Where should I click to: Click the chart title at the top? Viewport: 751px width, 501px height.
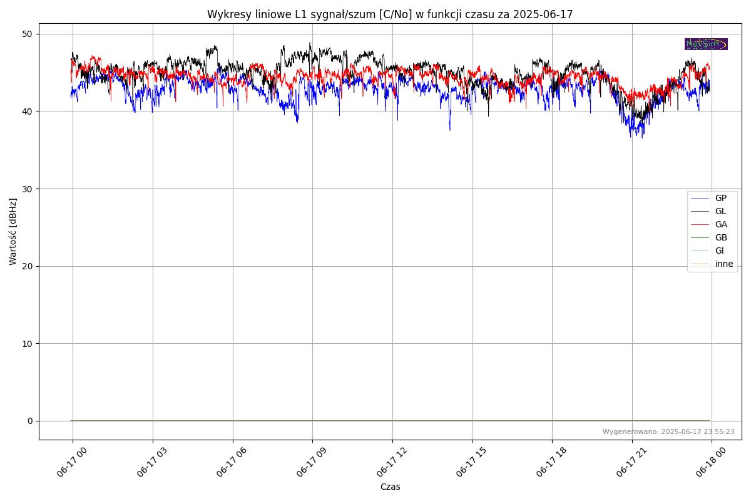click(x=390, y=14)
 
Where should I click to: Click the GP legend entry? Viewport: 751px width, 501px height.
click(x=720, y=198)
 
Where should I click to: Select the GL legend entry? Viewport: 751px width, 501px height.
click(x=720, y=211)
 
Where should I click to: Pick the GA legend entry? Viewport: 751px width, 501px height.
click(x=720, y=224)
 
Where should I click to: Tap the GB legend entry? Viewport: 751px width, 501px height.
click(x=720, y=237)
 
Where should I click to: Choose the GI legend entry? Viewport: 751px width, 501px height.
click(x=719, y=250)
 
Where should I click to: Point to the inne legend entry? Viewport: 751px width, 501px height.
click(x=723, y=264)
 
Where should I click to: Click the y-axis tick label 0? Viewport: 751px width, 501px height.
click(x=29, y=421)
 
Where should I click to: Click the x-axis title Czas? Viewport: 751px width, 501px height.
click(x=390, y=487)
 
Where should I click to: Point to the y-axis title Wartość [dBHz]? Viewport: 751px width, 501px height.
click(x=13, y=232)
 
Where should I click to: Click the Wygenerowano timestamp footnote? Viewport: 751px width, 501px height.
click(x=668, y=431)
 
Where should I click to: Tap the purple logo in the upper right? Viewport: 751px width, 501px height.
click(x=706, y=44)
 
